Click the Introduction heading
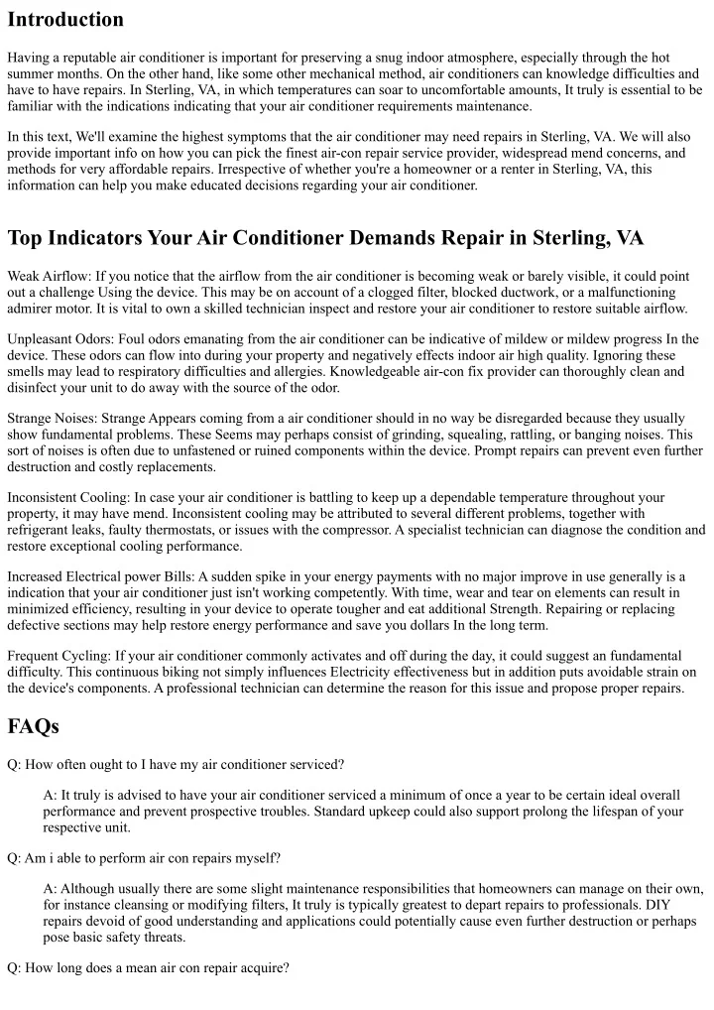pyautogui.click(x=65, y=19)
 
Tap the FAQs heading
pyautogui.click(x=33, y=726)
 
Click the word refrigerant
pyautogui.click(x=40, y=530)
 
